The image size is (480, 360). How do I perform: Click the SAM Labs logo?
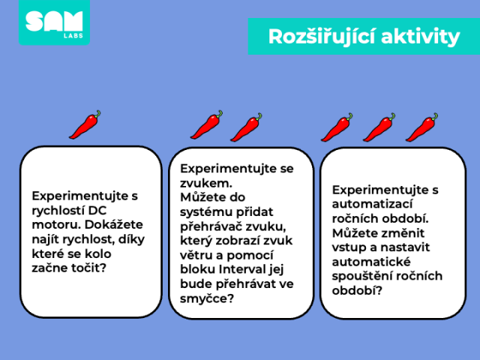[54, 22]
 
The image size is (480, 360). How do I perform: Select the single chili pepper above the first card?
[85, 124]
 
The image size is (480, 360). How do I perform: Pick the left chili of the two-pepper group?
[207, 124]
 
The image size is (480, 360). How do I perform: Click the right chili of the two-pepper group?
[246, 127]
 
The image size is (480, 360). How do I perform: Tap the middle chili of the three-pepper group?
[379, 127]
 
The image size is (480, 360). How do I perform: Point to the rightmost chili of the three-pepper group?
[421, 127]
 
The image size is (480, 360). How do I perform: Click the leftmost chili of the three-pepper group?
[337, 127]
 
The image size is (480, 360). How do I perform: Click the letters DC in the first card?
[97, 210]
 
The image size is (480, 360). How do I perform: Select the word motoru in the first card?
[57, 225]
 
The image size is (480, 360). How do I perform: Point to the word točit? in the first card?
[88, 268]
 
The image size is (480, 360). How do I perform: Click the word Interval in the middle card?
[242, 269]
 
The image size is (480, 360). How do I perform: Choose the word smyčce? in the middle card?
[207, 298]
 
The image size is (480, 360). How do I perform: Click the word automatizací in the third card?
[373, 204]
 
